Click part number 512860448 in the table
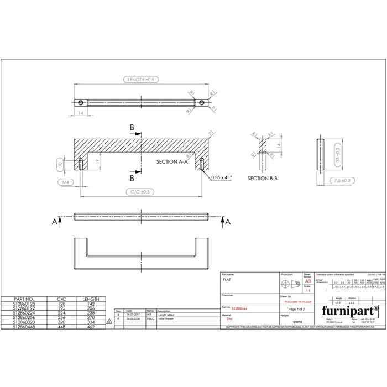click(x=27, y=327)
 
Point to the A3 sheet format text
click(x=308, y=282)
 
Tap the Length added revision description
click(x=168, y=315)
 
